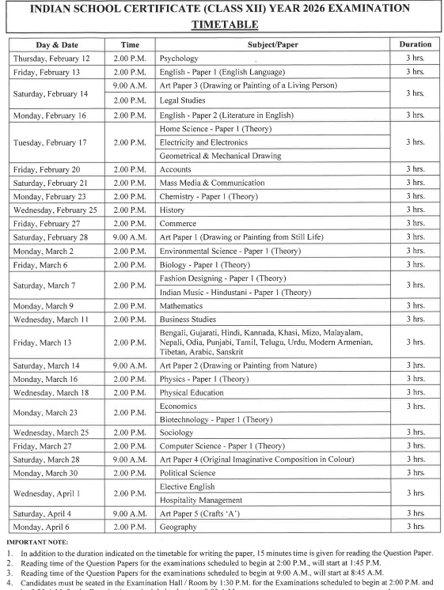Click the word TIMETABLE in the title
[222, 25]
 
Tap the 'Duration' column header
[416, 45]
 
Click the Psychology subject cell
[179, 59]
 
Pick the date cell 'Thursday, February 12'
[51, 59]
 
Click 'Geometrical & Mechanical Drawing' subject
[220, 156]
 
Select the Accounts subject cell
[176, 169]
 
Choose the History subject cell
[173, 210]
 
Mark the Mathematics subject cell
[181, 305]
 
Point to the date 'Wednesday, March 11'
[51, 319]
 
